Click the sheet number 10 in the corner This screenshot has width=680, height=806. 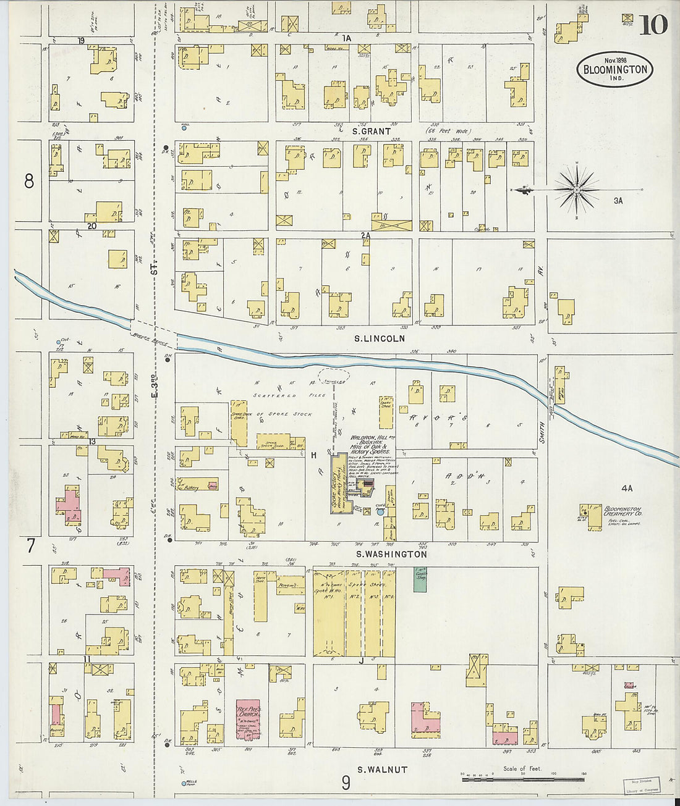pos(653,25)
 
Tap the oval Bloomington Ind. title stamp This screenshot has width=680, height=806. pos(615,69)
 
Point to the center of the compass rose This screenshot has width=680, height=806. pos(576,190)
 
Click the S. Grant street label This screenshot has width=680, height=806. pos(371,132)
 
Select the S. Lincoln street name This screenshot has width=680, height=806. pos(380,338)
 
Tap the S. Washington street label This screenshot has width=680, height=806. pos(392,555)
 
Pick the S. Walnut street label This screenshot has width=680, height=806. pos(382,770)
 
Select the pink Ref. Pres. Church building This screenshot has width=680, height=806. pos(249,720)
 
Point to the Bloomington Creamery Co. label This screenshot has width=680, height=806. pos(623,510)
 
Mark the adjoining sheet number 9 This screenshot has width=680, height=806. pos(346,783)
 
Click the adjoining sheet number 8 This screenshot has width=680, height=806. pos(28,181)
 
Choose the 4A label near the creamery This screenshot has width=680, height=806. pos(627,489)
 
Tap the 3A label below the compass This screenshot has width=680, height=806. pos(618,201)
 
